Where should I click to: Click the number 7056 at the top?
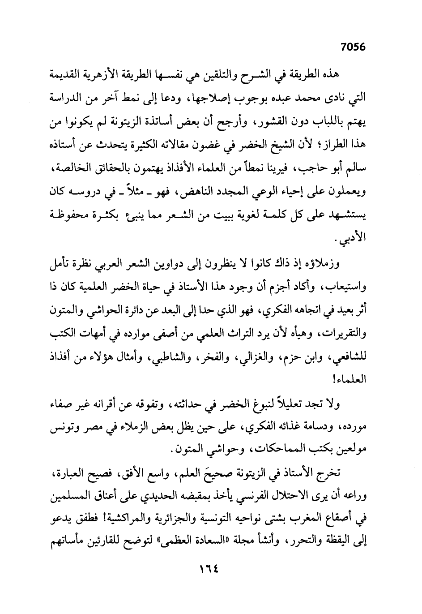click(x=353, y=47)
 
